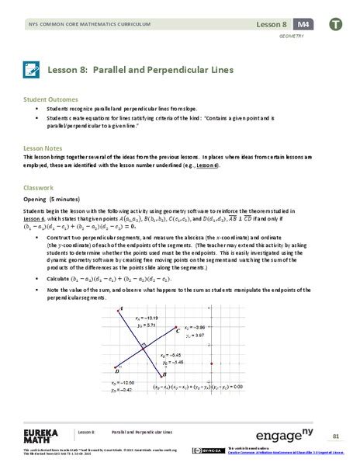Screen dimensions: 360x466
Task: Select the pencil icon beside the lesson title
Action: tap(31, 70)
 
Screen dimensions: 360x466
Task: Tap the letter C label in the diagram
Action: tap(178, 332)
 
